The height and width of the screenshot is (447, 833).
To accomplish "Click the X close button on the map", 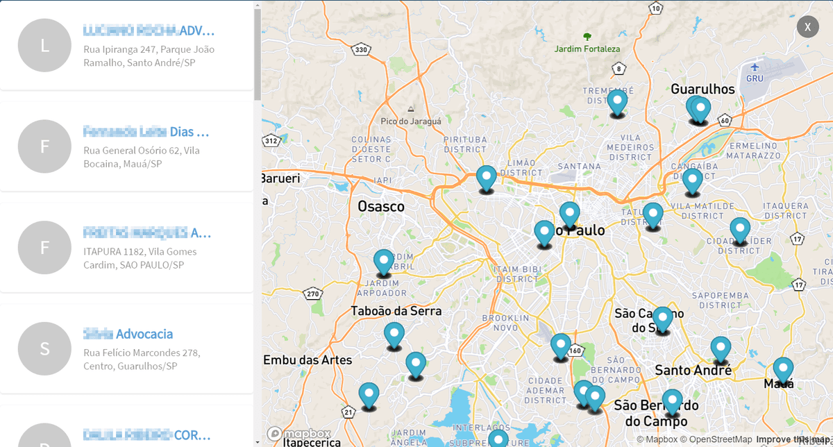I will point(808,26).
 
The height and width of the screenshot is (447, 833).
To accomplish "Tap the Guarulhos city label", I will point(702,89).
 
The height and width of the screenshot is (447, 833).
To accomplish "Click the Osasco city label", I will point(380,207).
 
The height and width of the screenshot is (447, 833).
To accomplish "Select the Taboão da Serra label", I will point(396,311).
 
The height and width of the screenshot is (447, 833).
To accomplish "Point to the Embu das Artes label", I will point(308,360).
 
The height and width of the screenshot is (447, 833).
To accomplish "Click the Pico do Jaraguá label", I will point(411,121).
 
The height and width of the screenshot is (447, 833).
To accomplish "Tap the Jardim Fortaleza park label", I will point(587,49).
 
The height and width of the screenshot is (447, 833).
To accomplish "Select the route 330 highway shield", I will point(360,49).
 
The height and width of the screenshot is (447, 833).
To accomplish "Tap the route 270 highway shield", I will point(313,294).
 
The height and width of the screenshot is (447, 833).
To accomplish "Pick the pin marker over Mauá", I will point(783,369).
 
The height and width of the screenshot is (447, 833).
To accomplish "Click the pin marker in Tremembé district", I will point(617,101).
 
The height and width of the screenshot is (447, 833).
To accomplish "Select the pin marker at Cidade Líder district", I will point(739,229).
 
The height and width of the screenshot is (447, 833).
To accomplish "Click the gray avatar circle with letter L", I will point(44,45).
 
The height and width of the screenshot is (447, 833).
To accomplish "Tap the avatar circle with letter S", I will point(44,348).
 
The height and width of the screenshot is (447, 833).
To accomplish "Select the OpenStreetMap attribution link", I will point(717,439).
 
